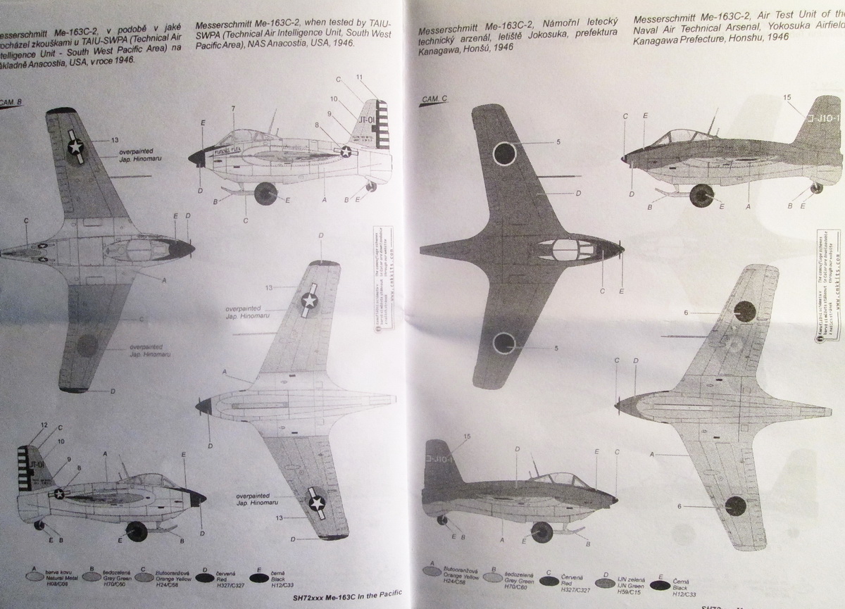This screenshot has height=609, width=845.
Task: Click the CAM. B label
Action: pyautogui.click(x=13, y=101)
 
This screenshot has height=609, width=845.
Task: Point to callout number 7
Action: pyautogui.click(x=232, y=108)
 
